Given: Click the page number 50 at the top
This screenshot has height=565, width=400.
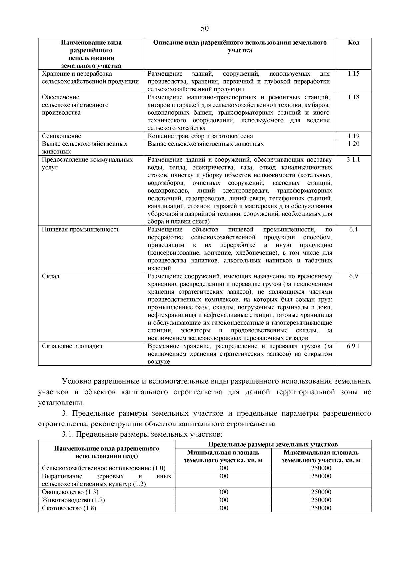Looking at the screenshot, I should coord(205,28).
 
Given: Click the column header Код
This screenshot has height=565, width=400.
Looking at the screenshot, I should coord(353,43).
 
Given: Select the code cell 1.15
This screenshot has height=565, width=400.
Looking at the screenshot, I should coord(353,74).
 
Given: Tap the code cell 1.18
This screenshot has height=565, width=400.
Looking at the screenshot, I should coord(353,97).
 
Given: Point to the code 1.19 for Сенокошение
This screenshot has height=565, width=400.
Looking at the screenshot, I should coord(353,136).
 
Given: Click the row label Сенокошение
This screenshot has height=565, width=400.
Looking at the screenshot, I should coord(62,136).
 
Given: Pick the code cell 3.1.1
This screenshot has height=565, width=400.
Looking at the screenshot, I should coord(353,159).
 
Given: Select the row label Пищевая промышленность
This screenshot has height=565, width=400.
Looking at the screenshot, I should coord(81,230).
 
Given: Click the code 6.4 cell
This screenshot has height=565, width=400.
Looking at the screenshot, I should coord(353,230).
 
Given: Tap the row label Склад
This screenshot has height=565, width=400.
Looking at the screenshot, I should coord(51,276).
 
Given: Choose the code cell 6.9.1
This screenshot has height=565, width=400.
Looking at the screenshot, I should coord(353,346).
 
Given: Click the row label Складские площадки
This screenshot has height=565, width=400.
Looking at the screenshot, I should coord(72,346).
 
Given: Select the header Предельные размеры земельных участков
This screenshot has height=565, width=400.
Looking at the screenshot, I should coord(273,444).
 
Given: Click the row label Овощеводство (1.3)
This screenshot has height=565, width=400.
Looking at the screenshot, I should coord(70,492).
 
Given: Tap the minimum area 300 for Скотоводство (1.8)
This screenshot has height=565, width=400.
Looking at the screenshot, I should coord(223,508).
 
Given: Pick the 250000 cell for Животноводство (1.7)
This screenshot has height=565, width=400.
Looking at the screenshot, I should coord(321,500).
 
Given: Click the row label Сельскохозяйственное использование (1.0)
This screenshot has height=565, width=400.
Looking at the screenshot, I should coord(104,468).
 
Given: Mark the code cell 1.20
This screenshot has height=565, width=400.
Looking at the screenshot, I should coord(353,144).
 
